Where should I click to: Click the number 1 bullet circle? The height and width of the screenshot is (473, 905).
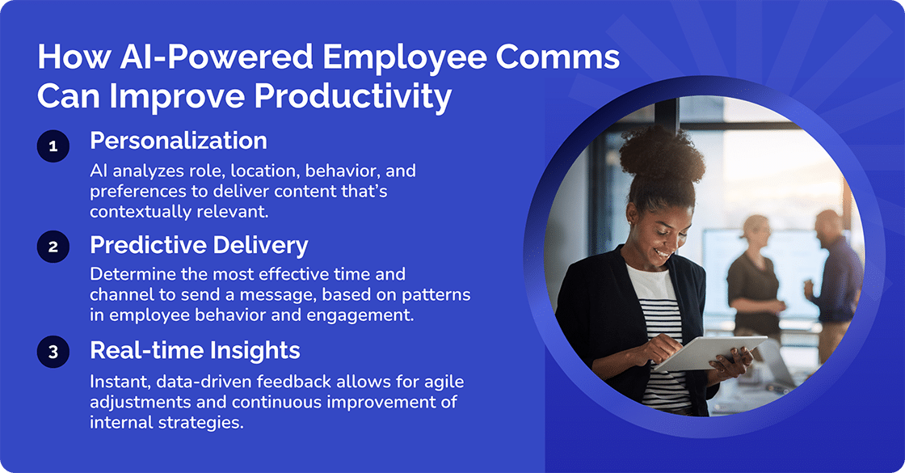[x=53, y=146]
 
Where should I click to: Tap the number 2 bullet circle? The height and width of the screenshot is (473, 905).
[x=53, y=247]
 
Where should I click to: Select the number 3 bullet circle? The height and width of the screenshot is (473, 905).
[x=53, y=353]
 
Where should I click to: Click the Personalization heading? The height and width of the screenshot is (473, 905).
[x=179, y=141]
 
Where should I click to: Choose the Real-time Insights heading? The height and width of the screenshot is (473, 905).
[x=195, y=349]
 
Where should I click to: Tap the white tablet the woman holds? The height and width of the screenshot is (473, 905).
[x=707, y=353]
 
